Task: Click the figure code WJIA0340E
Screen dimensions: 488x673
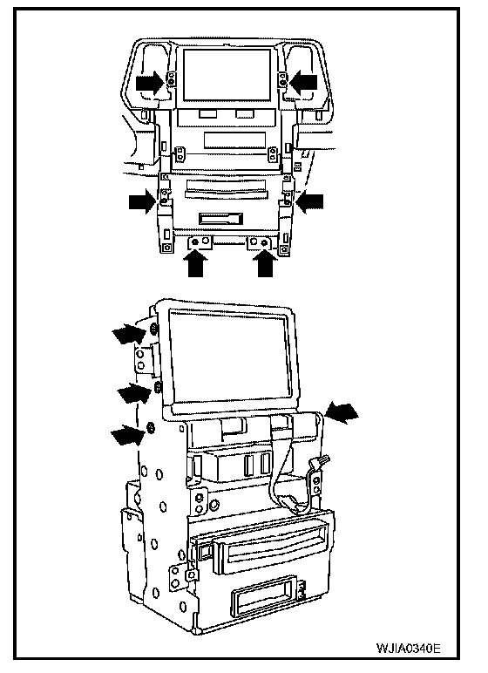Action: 408,648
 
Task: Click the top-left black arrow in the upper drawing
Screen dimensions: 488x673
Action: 150,83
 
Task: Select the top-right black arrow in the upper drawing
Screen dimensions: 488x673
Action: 304,82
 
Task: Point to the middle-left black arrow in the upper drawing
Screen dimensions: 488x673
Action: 143,201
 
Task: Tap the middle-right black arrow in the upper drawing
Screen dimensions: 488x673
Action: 309,201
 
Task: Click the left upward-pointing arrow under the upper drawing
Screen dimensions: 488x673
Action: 195,262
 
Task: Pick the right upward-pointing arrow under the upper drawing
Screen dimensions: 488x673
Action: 265,262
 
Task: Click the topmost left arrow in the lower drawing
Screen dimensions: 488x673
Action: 129,334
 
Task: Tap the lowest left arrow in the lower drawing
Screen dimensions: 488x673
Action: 128,434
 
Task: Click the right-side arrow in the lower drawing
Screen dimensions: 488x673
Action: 342,413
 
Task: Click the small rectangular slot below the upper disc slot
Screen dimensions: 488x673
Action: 220,219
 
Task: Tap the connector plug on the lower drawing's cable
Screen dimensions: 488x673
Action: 320,463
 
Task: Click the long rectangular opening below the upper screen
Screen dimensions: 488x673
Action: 234,139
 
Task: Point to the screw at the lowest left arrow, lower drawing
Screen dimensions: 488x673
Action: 151,428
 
